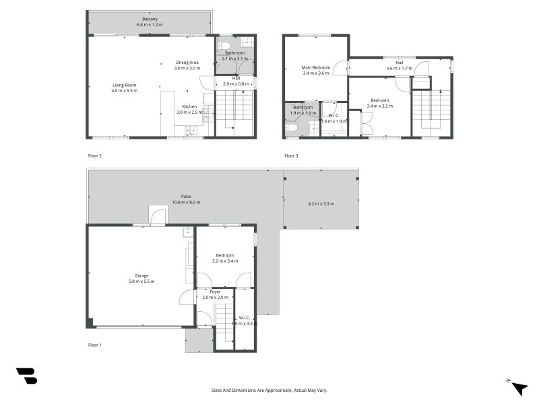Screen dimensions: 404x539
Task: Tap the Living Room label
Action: [124, 85]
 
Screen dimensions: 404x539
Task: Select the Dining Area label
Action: [187, 63]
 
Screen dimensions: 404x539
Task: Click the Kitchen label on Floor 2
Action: [189, 106]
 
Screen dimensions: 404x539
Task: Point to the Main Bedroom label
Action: [316, 67]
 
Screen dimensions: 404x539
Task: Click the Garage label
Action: [141, 275]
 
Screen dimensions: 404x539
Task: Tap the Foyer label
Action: [215, 292]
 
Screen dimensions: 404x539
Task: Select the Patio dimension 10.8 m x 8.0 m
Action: [187, 203]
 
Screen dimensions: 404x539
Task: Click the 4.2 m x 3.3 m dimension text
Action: [321, 203]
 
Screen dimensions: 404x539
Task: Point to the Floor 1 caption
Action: [95, 345]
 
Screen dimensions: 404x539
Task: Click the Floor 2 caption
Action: [95, 156]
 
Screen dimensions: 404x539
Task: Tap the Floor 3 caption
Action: [291, 156]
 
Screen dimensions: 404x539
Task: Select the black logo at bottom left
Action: [26, 376]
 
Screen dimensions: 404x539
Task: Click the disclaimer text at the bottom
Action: [269, 390]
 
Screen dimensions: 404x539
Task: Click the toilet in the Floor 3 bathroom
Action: [292, 127]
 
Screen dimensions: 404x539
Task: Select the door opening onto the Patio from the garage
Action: [157, 215]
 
